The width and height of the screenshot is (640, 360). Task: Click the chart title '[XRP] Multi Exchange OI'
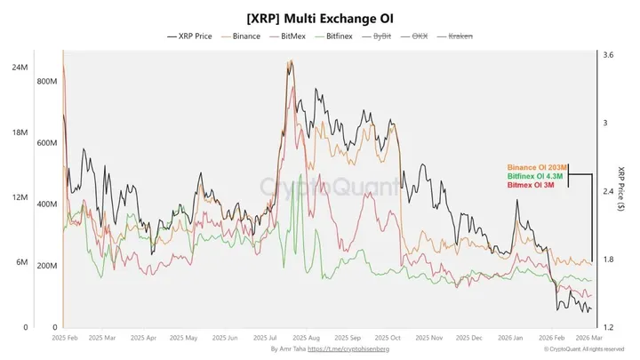(x=320, y=18)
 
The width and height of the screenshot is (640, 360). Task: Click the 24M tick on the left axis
(x=19, y=68)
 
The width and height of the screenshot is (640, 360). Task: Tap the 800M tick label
(x=46, y=81)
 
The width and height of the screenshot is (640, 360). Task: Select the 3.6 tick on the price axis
(x=608, y=55)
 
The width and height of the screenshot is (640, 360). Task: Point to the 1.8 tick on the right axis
(x=608, y=260)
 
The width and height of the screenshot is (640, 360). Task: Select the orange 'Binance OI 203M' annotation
(x=535, y=167)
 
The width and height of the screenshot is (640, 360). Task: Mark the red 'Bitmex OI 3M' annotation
(x=531, y=185)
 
